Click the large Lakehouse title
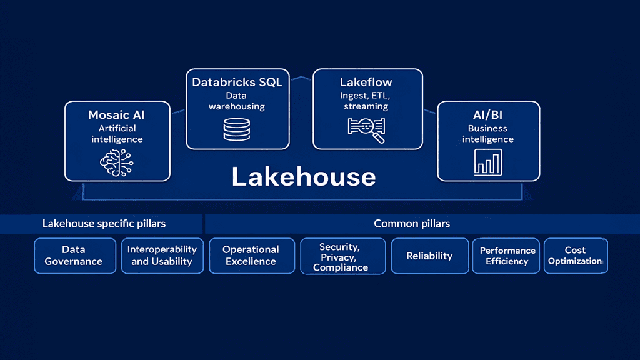point(304,177)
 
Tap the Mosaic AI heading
point(117,115)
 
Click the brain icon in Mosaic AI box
point(117,162)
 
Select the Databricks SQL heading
point(237,82)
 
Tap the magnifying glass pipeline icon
point(366,129)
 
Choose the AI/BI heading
point(487,115)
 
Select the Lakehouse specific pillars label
point(104,223)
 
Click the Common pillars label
point(412,223)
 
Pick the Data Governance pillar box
point(74,256)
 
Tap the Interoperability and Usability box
point(162,256)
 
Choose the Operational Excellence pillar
point(251,256)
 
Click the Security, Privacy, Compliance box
point(341,256)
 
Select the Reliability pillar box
point(429,256)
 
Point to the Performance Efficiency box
point(507,256)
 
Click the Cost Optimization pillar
point(575,256)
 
